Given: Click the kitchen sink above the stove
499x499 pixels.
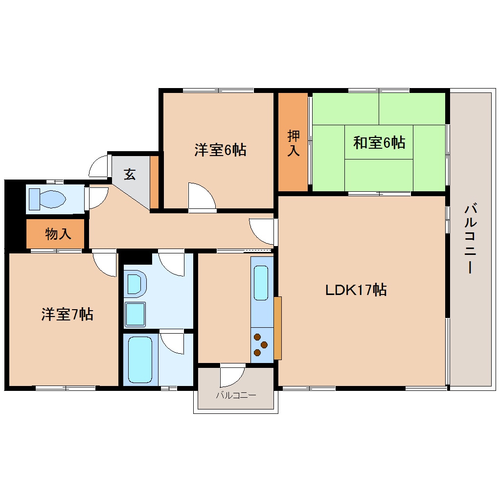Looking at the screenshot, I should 261,283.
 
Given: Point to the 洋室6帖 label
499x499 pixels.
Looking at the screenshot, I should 220,150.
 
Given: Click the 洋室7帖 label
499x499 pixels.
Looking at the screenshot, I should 67,314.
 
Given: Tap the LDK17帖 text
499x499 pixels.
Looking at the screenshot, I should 356,290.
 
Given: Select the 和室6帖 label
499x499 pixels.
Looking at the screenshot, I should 379,143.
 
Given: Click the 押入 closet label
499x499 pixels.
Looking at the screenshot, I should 293,143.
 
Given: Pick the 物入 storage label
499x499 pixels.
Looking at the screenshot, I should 58,234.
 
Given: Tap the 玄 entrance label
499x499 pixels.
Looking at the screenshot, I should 129,174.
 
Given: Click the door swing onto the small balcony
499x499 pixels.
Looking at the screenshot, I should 232,376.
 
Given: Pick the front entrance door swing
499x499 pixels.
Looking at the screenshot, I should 99,166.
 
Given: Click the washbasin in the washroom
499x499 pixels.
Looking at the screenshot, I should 136,314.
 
